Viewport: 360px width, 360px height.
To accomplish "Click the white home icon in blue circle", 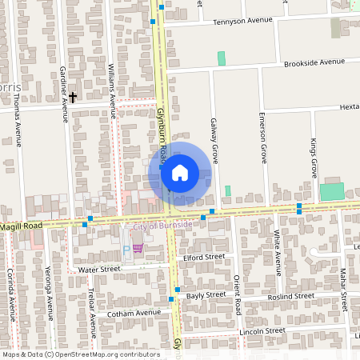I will coord(180,173).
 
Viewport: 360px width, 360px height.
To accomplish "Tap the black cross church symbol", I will coord(73,98).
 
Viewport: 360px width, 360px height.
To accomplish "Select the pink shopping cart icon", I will coord(138,249).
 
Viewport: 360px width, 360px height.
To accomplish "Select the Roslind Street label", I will coord(292,296).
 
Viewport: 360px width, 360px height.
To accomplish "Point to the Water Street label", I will coord(99,270).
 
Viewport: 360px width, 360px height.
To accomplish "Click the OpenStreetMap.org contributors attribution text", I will coord(106,354).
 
